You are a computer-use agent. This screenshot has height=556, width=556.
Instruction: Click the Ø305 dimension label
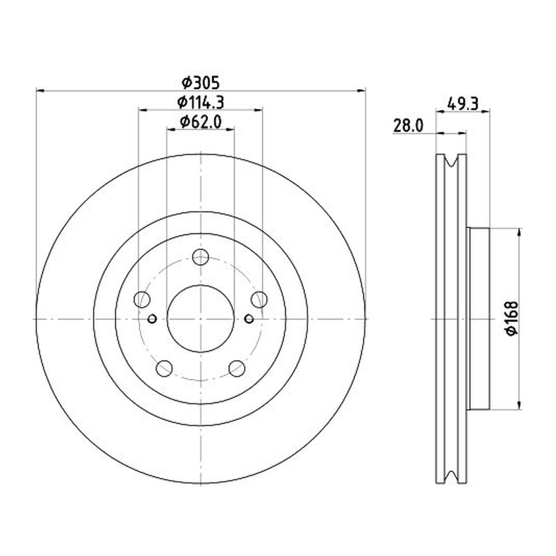click(201, 83)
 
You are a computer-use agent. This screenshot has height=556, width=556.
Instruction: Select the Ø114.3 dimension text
click(201, 102)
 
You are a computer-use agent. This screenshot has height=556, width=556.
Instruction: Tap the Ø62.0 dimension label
click(201, 122)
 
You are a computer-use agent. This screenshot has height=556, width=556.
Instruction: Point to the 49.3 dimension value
click(463, 104)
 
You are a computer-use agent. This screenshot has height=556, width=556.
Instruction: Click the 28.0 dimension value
click(408, 126)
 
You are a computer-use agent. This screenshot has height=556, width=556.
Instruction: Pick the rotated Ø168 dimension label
click(512, 318)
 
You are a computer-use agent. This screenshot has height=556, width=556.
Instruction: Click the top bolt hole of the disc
click(200, 257)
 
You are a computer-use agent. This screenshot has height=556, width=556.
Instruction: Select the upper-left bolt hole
click(142, 300)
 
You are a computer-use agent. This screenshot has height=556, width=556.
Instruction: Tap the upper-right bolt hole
click(259, 300)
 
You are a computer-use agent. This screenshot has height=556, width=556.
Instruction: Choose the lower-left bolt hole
click(164, 368)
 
